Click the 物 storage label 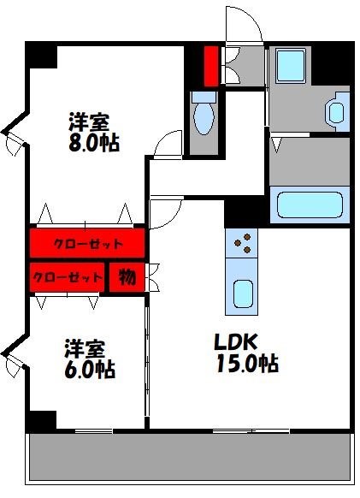127,278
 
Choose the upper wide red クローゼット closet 87,243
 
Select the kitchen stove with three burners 242,243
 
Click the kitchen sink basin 242,295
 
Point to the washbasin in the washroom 337,110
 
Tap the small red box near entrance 211,63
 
